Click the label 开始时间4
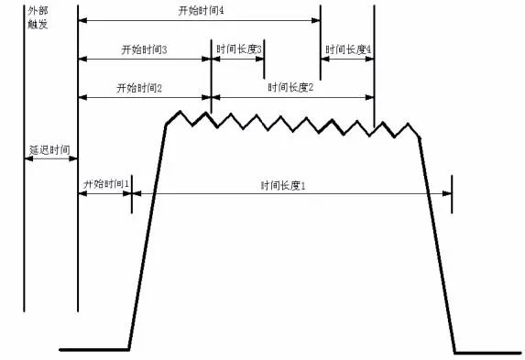[x=201, y=11]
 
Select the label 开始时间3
[x=144, y=49]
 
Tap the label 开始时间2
[x=139, y=89]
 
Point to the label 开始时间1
[x=105, y=184]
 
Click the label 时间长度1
[x=283, y=186]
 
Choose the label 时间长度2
[x=290, y=88]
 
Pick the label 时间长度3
[x=239, y=49]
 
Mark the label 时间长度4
[x=348, y=49]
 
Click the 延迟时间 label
[x=49, y=149]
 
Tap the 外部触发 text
[x=38, y=17]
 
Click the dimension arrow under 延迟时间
[x=51, y=158]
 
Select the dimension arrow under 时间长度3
[x=237, y=60]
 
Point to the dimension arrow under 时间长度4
[x=347, y=60]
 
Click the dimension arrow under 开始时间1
[x=104, y=193]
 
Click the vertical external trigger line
[x=24, y=158]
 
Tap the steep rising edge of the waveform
[x=148, y=237]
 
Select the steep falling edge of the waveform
[x=437, y=245]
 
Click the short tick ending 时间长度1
[x=452, y=194]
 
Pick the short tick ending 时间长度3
[x=264, y=60]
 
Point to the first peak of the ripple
[x=180, y=111]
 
